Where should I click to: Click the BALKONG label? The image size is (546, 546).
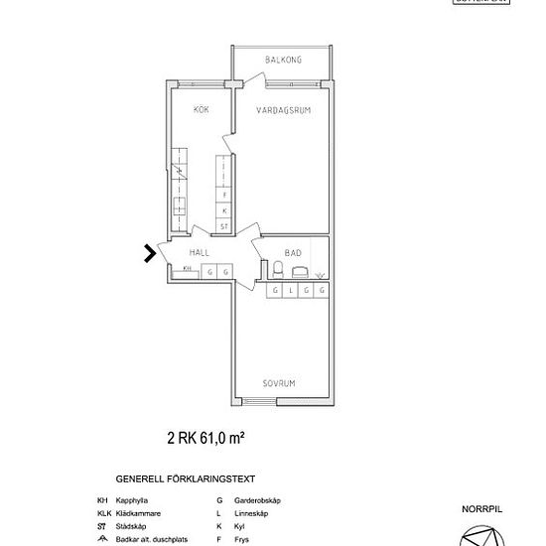pos(283,61)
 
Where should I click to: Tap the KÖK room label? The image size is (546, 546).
pos(201,110)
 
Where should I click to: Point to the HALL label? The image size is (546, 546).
pos(199,253)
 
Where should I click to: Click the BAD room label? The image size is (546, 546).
pos(293,253)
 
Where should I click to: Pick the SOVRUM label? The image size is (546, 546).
pos(281,382)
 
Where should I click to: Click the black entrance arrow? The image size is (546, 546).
pos(150,253)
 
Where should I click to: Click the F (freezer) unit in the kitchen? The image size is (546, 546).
pos(225,196)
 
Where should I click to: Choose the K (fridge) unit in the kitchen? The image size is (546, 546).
pos(225,210)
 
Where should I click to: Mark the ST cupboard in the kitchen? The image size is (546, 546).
pos(225,226)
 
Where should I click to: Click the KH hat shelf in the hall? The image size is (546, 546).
pos(187,270)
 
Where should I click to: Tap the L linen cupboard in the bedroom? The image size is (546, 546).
pos(290,290)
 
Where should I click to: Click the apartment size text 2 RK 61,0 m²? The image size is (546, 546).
pos(205,436)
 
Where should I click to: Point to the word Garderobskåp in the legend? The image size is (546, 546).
pos(255,500)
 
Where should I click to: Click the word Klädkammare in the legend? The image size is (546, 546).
pos(139,513)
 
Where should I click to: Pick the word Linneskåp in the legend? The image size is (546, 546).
pos(248,513)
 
